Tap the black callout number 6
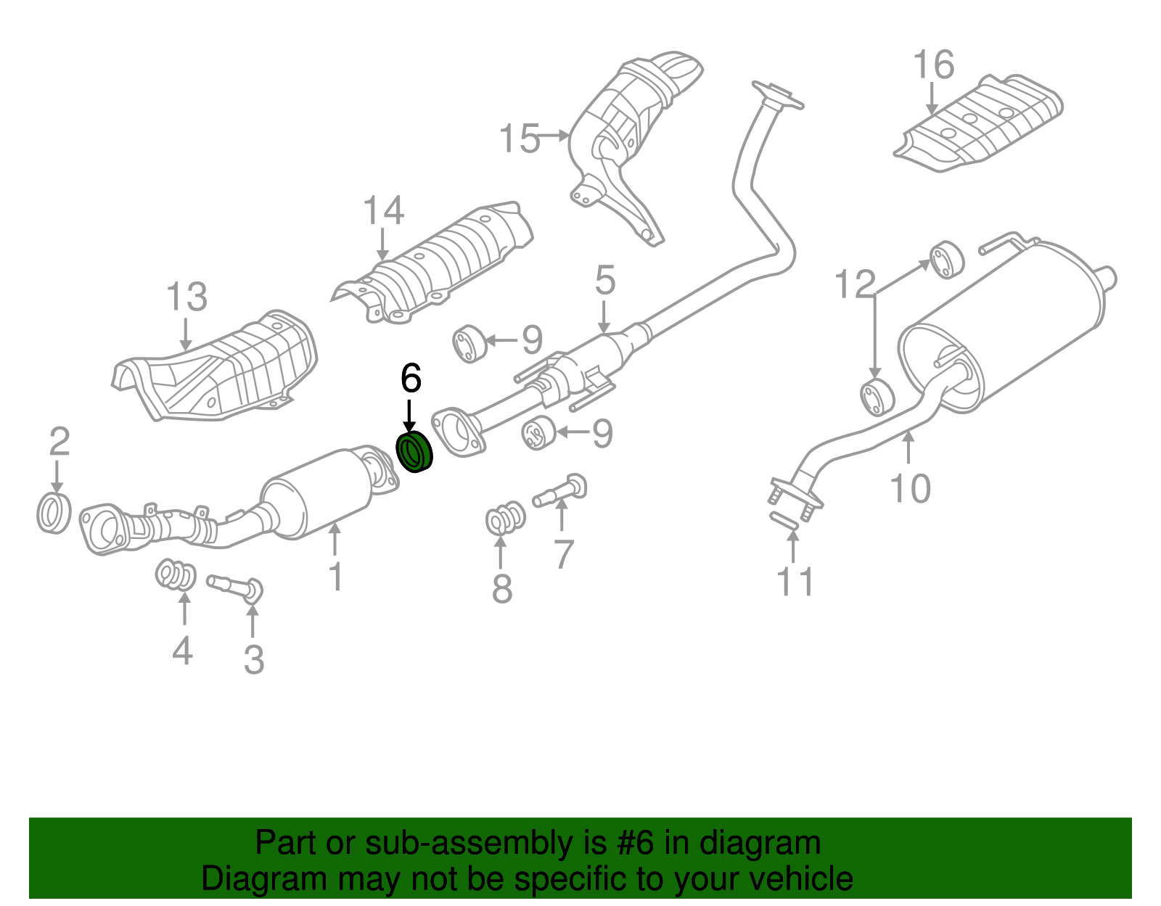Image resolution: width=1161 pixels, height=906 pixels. (x=410, y=378)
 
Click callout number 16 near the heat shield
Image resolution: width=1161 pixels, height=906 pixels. (x=933, y=65)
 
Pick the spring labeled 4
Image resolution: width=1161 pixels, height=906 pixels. (x=176, y=575)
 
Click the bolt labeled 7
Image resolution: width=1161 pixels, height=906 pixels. (x=561, y=493)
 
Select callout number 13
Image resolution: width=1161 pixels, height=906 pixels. (x=186, y=297)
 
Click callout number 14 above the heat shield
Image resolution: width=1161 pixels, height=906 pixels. (x=383, y=211)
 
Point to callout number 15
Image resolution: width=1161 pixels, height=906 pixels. (x=520, y=138)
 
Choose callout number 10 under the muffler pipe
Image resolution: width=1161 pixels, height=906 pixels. (x=910, y=488)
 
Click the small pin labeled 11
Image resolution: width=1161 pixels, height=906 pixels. (x=784, y=520)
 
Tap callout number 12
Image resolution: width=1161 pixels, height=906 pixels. (x=855, y=284)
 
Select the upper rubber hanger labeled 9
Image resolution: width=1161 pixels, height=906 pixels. (x=469, y=344)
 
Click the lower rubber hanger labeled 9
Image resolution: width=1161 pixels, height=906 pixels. (x=538, y=433)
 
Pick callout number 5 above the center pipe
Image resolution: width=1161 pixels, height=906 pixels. (x=605, y=281)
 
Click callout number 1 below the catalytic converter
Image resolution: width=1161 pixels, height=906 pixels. (x=335, y=577)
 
